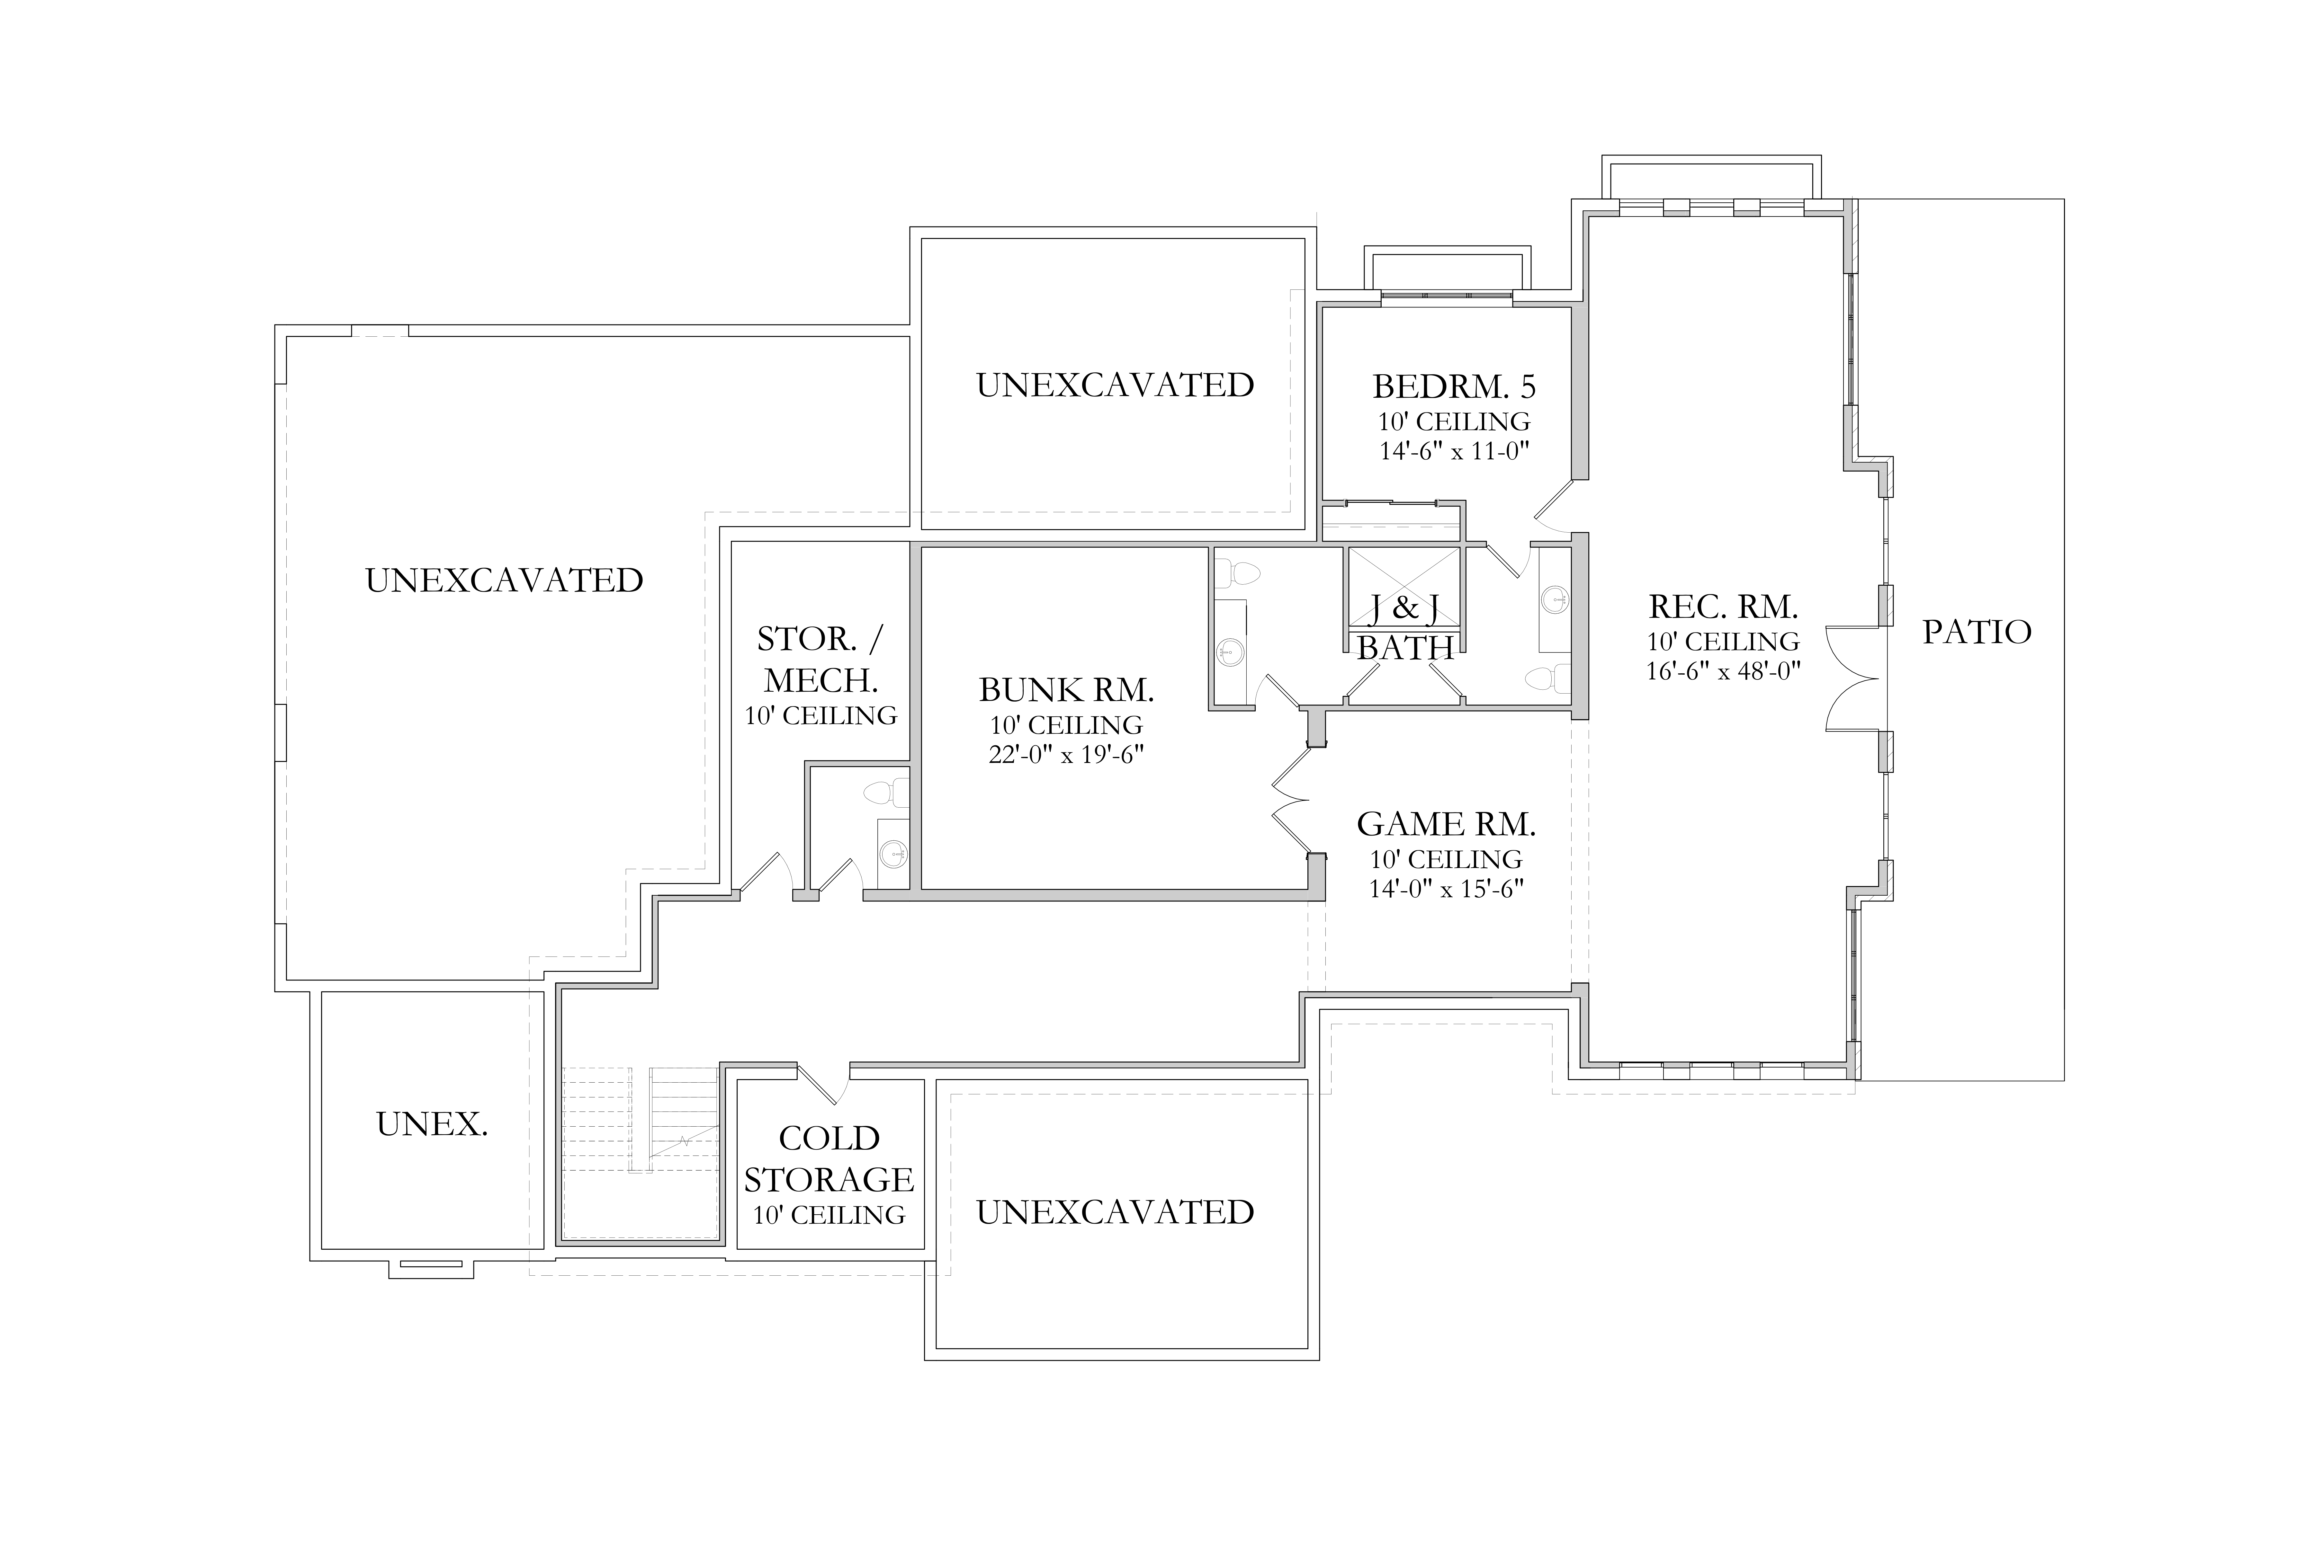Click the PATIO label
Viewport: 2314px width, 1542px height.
click(1977, 632)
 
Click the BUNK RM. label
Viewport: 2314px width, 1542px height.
click(1066, 690)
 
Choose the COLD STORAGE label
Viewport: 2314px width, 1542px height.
click(830, 1158)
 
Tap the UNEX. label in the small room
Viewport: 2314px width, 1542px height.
click(432, 1124)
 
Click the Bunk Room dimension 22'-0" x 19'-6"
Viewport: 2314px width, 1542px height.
click(1066, 755)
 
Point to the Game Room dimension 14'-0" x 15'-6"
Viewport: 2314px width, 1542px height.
click(1446, 889)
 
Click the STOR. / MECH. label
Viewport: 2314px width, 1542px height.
click(821, 660)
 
